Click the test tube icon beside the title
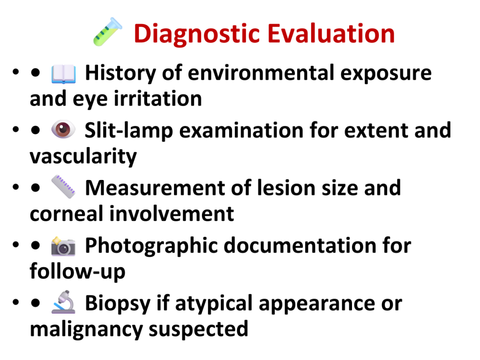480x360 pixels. tap(108, 32)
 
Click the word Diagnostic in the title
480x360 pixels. tap(197, 34)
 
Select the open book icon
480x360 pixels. tap(63, 74)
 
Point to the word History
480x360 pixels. tap(120, 74)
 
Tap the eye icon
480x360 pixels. tap(63, 129)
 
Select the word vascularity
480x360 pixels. tap(83, 157)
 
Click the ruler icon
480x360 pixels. tap(63, 187)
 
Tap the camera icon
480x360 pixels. tap(63, 246)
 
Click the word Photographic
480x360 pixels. tap(152, 246)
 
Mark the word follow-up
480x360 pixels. tap(77, 271)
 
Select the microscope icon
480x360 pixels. tap(63, 302)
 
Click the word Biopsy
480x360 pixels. tap(118, 304)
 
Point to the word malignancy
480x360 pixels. tap(86, 330)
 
